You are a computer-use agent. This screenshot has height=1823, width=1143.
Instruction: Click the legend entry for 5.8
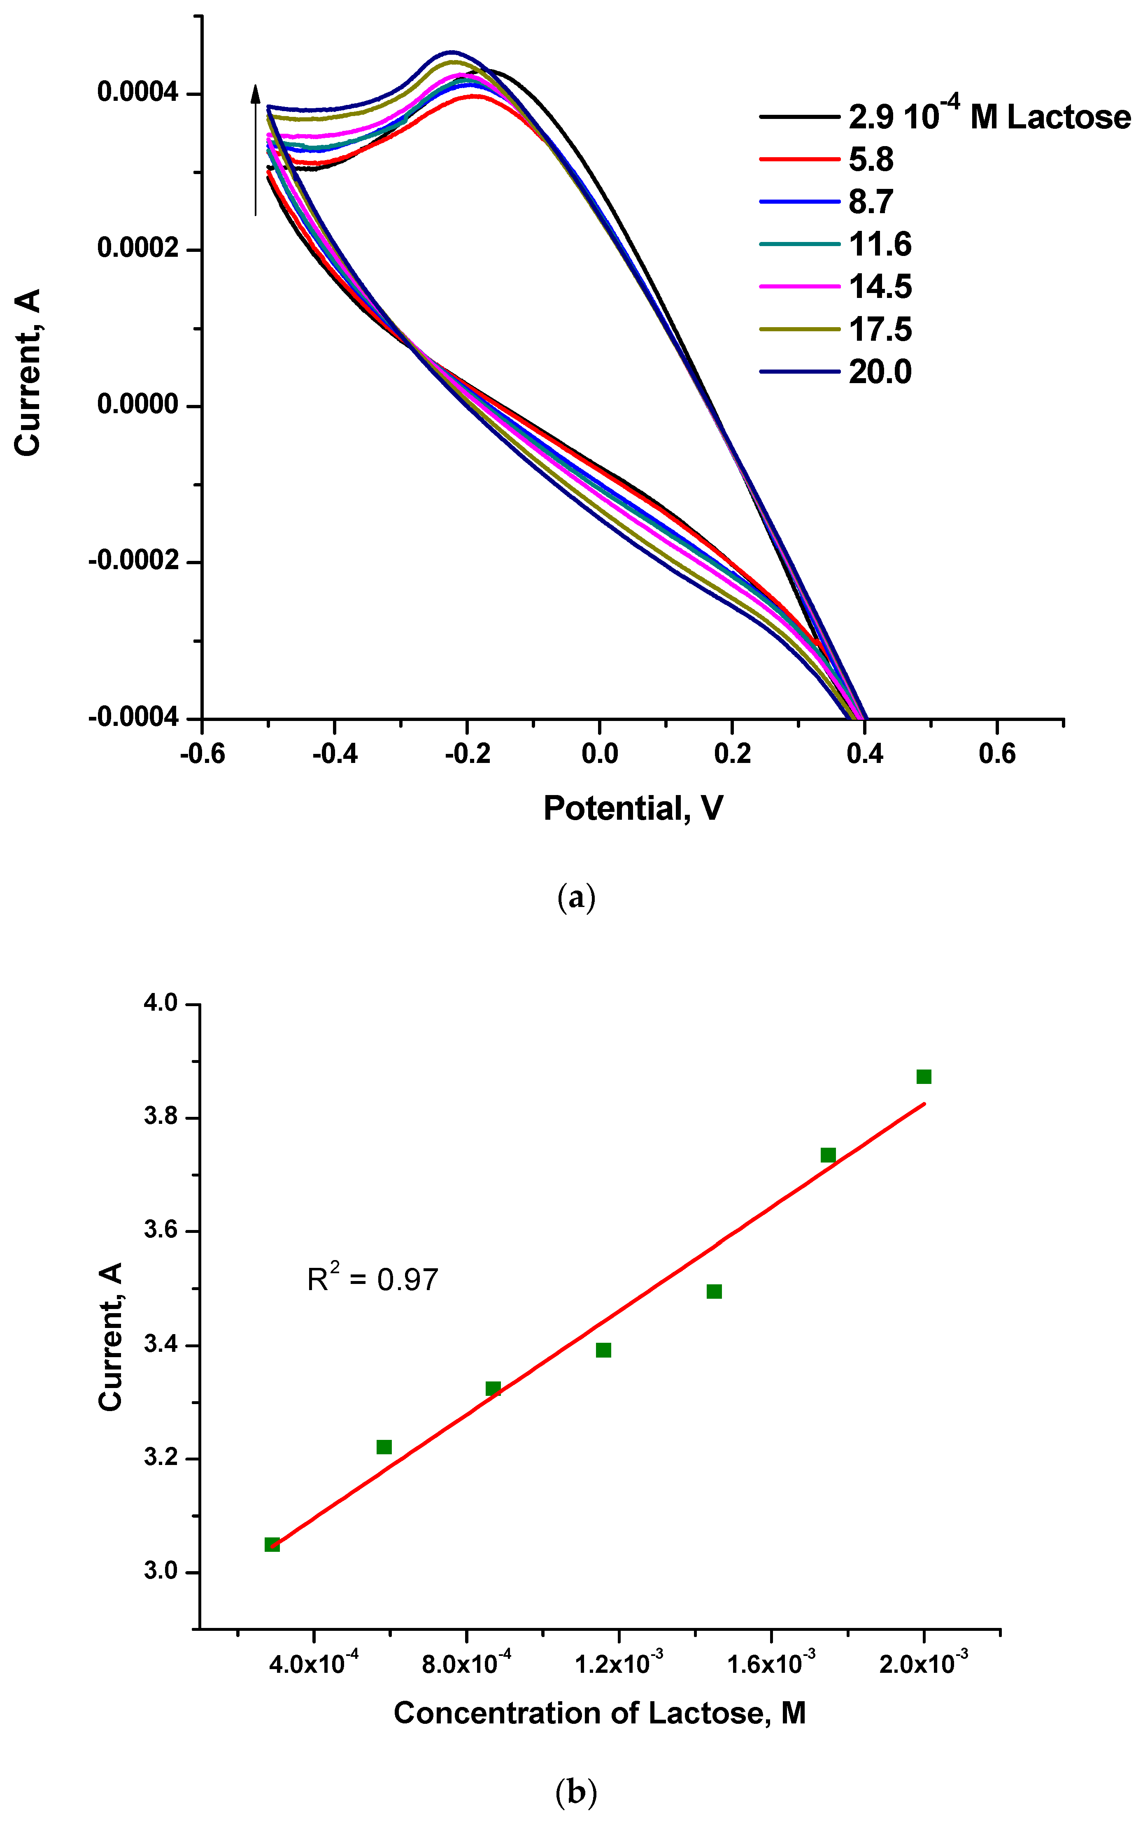pyautogui.click(x=871, y=160)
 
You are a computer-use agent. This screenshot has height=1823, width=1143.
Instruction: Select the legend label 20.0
pyautogui.click(x=880, y=372)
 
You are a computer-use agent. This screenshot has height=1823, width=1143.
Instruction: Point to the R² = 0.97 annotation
pyautogui.click(x=372, y=1279)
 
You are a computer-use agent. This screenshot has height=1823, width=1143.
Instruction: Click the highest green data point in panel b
pyautogui.click(x=924, y=1076)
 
